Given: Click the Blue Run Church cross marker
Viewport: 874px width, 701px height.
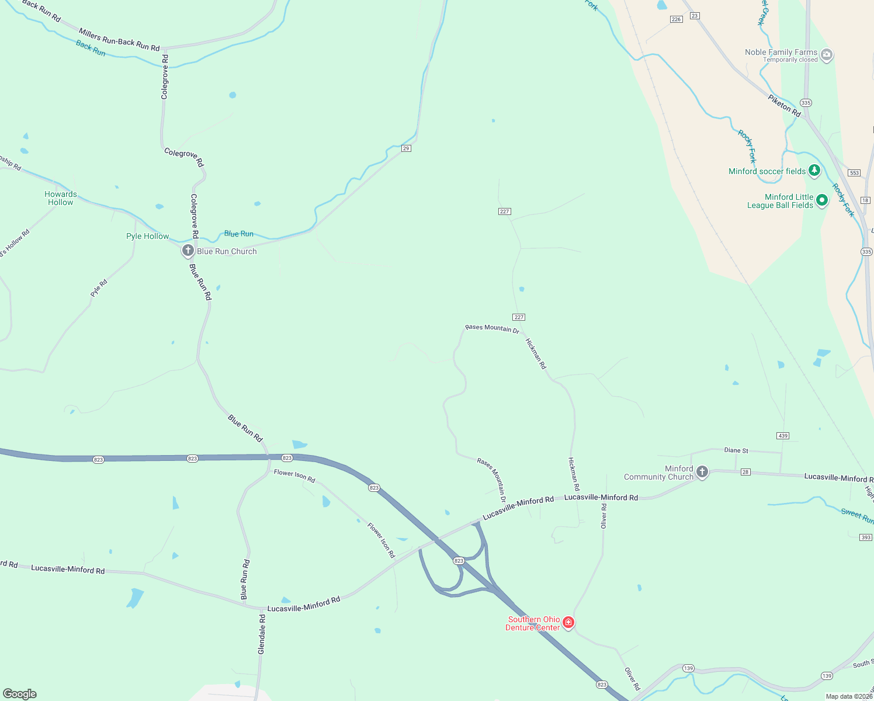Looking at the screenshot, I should coord(188,251).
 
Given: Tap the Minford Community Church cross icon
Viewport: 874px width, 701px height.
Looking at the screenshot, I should coord(702,472).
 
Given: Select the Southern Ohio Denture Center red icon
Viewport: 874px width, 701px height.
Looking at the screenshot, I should coord(568,623).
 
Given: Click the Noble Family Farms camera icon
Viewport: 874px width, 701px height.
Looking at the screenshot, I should coord(826,55).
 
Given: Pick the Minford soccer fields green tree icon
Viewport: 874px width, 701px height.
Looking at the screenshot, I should coord(814,171).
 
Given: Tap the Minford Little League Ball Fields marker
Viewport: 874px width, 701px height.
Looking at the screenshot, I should coord(821,200).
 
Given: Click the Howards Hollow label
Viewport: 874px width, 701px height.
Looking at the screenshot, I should coord(61,198).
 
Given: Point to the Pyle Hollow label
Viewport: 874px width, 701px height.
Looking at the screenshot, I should coord(148,236).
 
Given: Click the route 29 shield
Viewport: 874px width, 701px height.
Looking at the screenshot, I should coord(406,148).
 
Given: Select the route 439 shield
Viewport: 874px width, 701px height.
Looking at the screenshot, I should coord(783,436).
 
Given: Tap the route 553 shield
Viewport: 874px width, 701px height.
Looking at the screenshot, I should coord(854,172).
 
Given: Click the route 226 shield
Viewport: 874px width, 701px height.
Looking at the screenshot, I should coord(676,19).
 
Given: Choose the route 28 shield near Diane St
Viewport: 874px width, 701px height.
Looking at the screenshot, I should coord(745,472).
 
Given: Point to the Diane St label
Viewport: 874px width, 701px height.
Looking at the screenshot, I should coord(736,450).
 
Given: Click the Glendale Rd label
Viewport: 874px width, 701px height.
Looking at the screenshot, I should coord(262,634).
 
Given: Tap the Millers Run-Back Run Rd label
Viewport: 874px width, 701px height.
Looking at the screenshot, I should coord(119,40).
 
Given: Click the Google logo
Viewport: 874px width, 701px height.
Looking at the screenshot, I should coord(20,693).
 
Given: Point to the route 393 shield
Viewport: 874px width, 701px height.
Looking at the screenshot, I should coord(866,537).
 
